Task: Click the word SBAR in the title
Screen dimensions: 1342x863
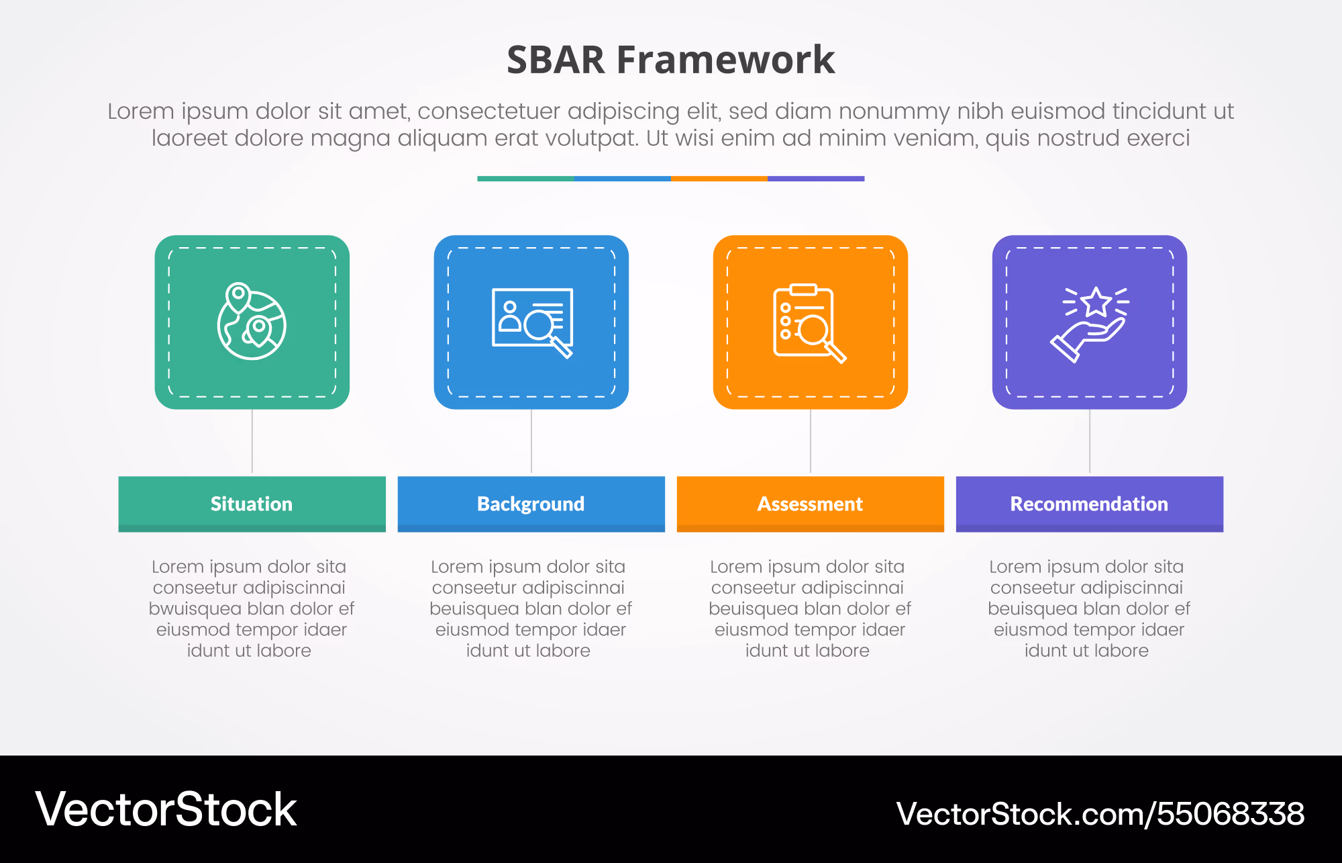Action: tap(556, 60)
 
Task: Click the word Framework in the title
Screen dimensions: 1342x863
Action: tap(726, 60)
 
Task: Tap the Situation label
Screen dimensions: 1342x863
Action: tap(252, 504)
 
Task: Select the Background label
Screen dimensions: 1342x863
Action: tap(531, 504)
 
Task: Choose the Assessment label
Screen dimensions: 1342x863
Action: tap(810, 504)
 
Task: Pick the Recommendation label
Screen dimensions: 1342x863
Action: tap(1089, 504)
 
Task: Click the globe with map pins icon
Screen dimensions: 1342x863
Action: tap(252, 322)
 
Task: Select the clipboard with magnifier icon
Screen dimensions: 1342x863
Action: tap(810, 323)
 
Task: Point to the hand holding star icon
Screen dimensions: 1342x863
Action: tap(1090, 324)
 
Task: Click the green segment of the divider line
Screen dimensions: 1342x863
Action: tap(525, 179)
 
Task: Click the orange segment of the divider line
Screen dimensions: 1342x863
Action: tap(719, 179)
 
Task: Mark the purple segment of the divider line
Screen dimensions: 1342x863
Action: tap(816, 179)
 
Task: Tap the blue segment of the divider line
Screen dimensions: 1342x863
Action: tap(623, 179)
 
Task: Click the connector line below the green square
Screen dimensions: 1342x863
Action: tap(252, 441)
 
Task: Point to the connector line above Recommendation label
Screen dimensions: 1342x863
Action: tap(1090, 441)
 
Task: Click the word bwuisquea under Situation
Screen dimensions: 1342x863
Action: tap(195, 609)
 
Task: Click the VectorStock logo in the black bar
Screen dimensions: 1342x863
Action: tap(166, 809)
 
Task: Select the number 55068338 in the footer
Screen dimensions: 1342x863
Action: tap(1231, 814)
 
